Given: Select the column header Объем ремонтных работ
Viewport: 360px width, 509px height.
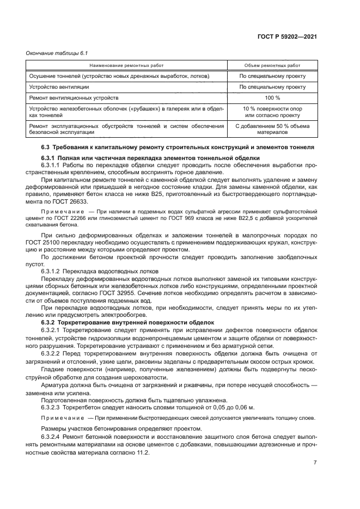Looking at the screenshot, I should tap(272, 65).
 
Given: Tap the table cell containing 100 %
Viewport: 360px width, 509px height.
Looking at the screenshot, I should tap(272, 97).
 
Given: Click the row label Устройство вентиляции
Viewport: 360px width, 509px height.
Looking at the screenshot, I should tap(59, 87).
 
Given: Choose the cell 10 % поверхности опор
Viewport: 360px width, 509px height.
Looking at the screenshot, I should tap(272, 109).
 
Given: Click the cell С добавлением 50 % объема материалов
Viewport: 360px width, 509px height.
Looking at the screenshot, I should tap(272, 129).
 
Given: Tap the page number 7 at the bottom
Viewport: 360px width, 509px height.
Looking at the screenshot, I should tap(315, 463).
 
